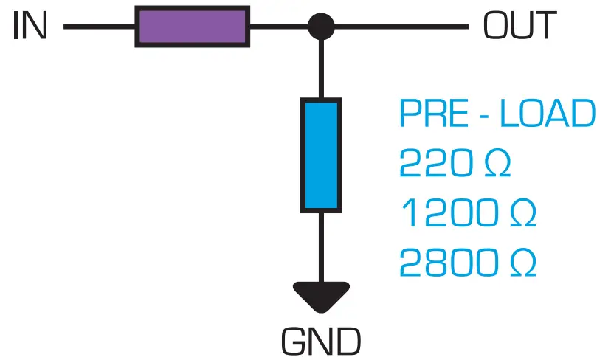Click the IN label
pos(30,27)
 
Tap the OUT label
pos(519,27)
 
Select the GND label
pos(321,342)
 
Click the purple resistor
pos(193,27)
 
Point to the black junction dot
pos(321,27)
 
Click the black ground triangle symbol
pos(321,296)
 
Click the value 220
pos(435,164)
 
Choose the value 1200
pos(446,214)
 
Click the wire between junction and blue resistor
pos(321,70)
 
